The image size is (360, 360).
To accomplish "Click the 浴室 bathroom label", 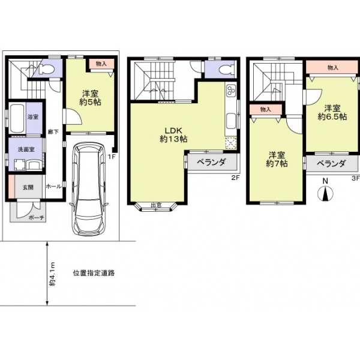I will (33, 117).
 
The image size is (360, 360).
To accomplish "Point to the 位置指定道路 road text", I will (94, 272).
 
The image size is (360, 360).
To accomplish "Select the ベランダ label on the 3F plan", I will (331, 163).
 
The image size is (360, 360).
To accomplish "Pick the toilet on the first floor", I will (46, 70).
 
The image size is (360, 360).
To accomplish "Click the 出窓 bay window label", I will (156, 205).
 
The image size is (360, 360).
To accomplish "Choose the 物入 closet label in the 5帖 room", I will (101, 63).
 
